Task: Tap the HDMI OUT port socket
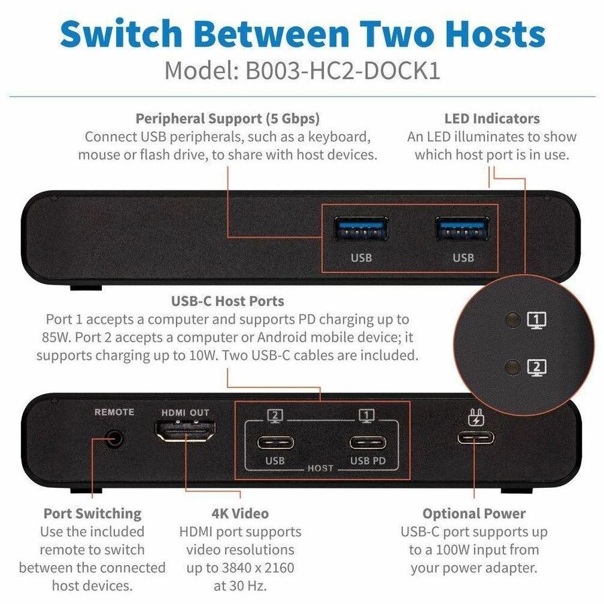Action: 185,432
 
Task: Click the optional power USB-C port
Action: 475,438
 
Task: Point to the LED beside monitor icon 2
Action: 513,367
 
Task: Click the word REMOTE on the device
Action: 114,412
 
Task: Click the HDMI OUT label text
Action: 185,413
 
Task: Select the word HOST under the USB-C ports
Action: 320,468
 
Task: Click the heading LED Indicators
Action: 491,119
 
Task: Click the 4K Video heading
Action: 240,513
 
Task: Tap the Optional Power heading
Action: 474,513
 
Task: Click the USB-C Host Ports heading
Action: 228,301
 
